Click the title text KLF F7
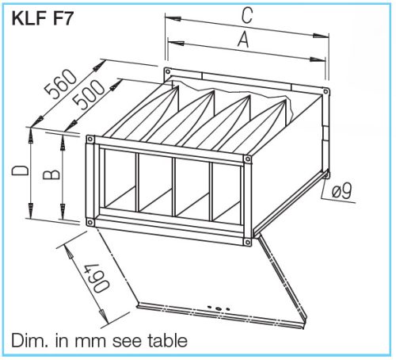(43, 18)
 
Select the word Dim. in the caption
(29, 341)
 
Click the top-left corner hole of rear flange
(167, 74)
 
